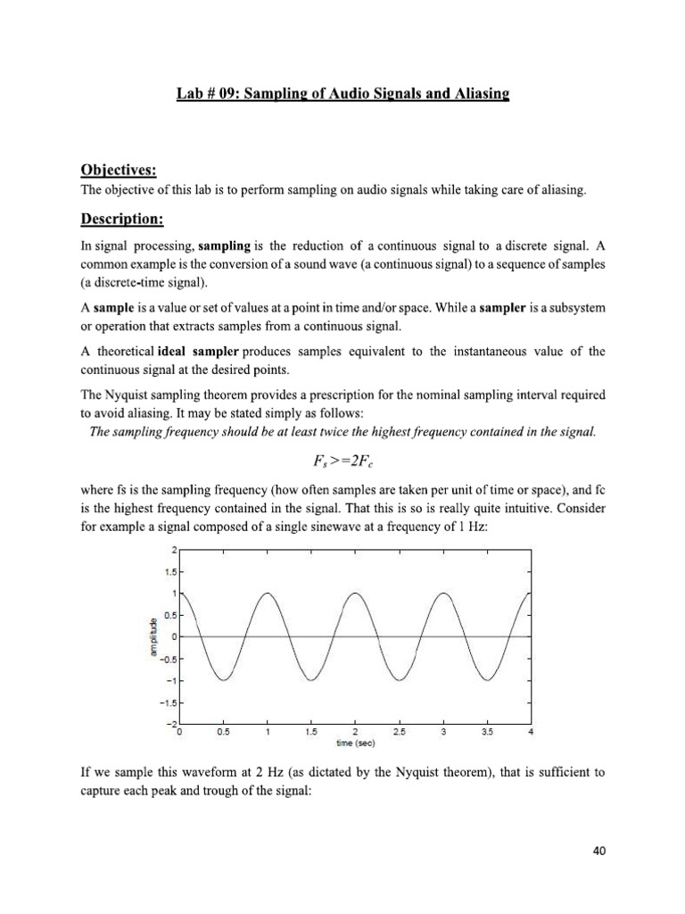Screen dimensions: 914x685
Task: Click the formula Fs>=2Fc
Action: click(x=342, y=460)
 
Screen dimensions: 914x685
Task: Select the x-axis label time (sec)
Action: click(x=355, y=742)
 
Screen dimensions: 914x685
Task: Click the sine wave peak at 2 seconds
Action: click(x=356, y=593)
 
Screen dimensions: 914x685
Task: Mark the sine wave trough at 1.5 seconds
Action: click(x=312, y=679)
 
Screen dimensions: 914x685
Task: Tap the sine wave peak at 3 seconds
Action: click(x=443, y=593)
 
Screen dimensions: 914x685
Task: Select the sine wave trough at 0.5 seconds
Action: click(x=225, y=679)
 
